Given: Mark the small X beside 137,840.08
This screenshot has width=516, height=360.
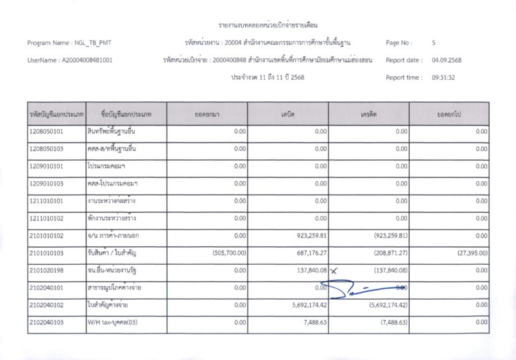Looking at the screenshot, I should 334,270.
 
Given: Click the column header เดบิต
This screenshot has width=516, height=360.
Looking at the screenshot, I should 288,114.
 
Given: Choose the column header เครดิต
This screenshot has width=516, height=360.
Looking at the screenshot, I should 369,114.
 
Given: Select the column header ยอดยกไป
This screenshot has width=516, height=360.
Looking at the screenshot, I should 449,114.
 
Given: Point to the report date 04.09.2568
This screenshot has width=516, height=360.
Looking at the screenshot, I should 447,60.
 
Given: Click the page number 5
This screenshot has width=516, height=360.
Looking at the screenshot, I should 434,43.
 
